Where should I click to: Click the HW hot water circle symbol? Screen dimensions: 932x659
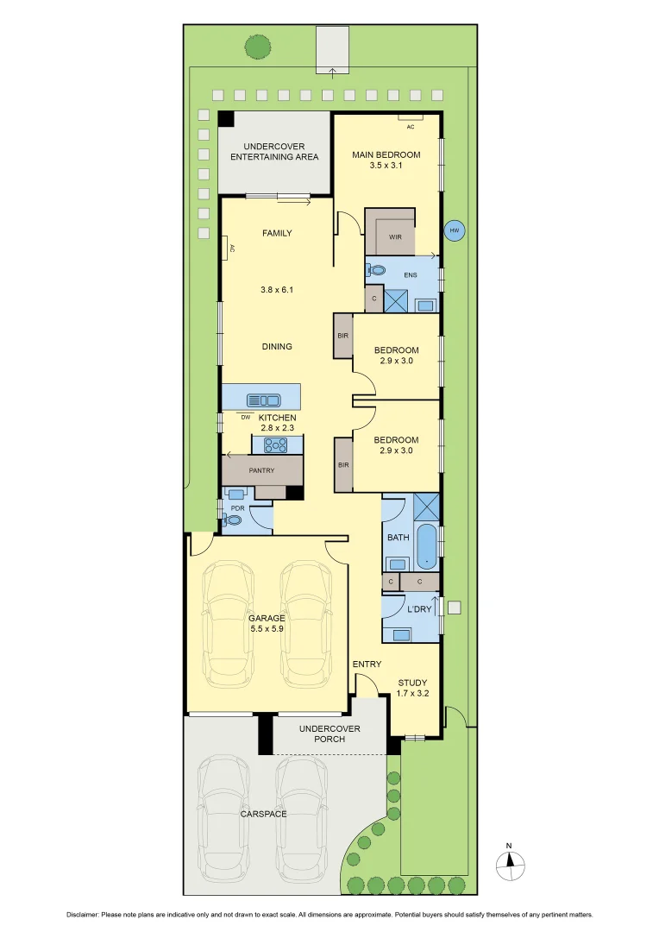click(454, 231)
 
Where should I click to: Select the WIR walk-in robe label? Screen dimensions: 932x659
click(395, 236)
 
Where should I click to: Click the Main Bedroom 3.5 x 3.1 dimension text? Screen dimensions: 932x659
click(386, 167)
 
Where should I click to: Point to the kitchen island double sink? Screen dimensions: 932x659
click(263, 400)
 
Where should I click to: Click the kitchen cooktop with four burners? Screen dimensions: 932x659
click(276, 445)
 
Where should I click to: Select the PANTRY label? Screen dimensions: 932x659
click(261, 470)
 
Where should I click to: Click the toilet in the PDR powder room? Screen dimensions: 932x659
click(234, 520)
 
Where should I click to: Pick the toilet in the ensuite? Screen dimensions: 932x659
click(375, 270)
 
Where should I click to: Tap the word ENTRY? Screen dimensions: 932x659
click(367, 664)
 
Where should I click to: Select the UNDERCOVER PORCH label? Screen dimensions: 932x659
click(329, 734)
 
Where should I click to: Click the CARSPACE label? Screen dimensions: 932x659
click(263, 814)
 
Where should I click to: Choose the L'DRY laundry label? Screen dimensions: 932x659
click(418, 609)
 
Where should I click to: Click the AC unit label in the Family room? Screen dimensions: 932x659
click(231, 249)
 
